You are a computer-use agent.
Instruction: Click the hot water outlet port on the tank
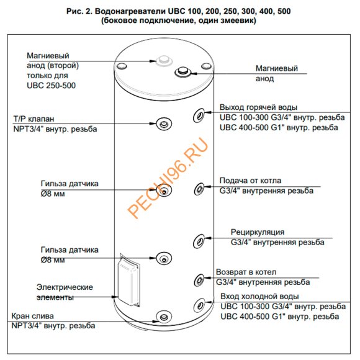(x=199, y=115)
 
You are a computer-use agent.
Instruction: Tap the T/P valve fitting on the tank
(x=164, y=124)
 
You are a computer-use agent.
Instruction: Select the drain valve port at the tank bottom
(x=164, y=317)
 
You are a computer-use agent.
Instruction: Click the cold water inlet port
(x=199, y=305)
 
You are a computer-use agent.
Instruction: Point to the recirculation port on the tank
(x=199, y=241)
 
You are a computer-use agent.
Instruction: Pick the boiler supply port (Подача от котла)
(x=199, y=189)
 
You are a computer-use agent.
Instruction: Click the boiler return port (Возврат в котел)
(x=199, y=280)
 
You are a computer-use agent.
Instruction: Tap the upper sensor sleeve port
(x=164, y=191)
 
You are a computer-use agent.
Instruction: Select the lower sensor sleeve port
(x=164, y=259)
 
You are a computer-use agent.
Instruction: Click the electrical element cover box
(x=128, y=280)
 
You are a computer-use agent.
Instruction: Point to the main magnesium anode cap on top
(x=182, y=72)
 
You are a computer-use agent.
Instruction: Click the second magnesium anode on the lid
(x=164, y=61)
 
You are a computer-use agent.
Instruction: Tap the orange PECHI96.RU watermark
(x=168, y=178)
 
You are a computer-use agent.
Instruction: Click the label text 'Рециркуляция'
(x=258, y=232)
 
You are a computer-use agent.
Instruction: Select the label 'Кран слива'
(x=33, y=316)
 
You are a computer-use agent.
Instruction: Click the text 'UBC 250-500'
(x=51, y=86)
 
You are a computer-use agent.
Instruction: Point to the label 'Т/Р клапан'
(x=34, y=119)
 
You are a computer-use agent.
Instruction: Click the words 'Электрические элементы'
(x=65, y=292)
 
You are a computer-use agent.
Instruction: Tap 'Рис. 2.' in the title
(x=79, y=11)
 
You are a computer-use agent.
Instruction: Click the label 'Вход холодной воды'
(x=259, y=297)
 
